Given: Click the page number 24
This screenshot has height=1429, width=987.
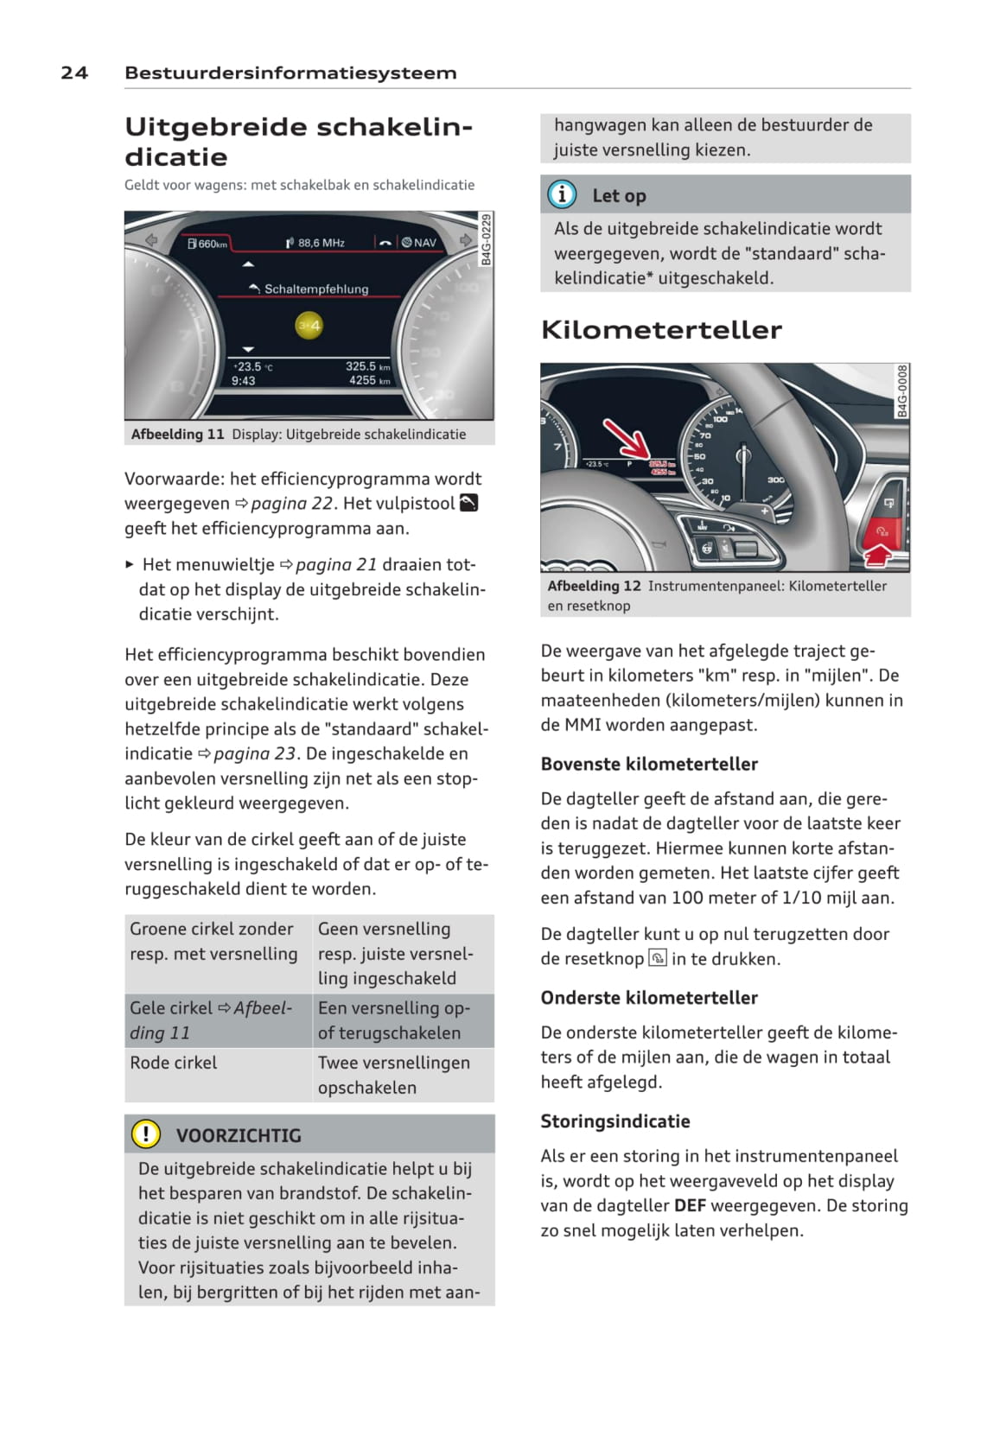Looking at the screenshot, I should coord(74,73).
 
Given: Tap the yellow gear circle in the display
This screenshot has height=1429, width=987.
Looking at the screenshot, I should coord(309,326).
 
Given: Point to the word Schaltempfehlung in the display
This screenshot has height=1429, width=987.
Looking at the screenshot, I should coord(315,289).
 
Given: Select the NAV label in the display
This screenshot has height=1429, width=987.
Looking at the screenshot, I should coord(424,243).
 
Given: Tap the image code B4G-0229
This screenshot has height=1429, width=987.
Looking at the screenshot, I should coord(486,239).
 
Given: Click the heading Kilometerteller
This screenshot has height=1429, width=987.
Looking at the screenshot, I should coord(661,329).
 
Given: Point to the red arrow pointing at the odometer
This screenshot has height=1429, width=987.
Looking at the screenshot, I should coord(627,438).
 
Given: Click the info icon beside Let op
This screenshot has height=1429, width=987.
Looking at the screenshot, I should coord(562,194).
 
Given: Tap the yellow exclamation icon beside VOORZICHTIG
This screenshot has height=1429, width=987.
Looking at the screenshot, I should coord(146,1134).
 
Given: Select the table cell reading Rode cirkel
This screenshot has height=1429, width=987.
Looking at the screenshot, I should coord(174,1063).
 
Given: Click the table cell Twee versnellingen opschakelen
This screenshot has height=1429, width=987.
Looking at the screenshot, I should coord(393,1075).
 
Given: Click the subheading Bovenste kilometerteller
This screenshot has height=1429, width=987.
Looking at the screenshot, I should coord(649,764).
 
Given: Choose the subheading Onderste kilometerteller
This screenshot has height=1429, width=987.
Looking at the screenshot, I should coord(649,997).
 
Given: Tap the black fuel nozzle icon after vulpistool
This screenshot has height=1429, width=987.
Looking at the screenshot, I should coord(468,503).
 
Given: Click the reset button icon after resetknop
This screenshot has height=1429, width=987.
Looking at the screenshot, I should coord(658,958).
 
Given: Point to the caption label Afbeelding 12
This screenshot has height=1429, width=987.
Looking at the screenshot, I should coord(594,586).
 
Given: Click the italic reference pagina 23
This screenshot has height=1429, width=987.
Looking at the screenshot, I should coord(255,753).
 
